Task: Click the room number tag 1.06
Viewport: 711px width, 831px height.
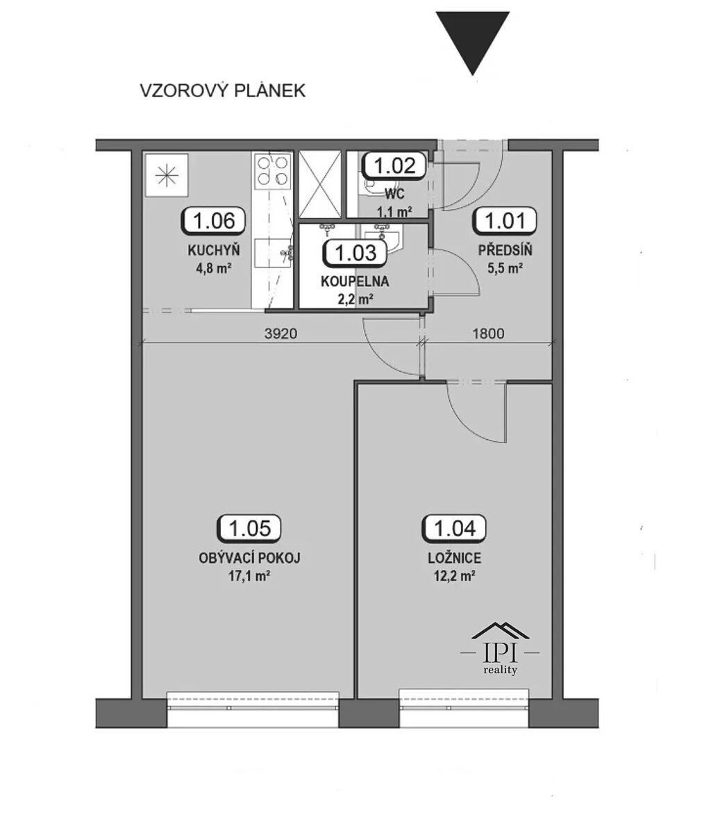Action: tap(213, 221)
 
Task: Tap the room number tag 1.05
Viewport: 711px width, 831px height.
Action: tap(249, 528)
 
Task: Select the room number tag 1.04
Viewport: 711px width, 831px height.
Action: tap(453, 528)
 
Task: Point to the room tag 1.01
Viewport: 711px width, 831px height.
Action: tap(505, 221)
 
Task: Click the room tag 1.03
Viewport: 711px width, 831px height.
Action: tap(355, 252)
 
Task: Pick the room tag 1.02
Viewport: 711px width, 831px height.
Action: tap(394, 165)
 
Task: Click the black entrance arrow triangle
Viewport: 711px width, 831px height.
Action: tap(472, 42)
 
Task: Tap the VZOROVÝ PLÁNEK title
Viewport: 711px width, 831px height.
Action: tap(223, 90)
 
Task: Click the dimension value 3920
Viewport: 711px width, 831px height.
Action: tap(281, 334)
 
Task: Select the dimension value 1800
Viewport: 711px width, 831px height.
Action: tap(487, 334)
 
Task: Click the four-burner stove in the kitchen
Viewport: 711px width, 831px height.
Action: tap(273, 171)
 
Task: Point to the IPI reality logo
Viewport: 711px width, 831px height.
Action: tap(500, 648)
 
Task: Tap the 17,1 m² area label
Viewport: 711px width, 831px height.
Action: tap(249, 576)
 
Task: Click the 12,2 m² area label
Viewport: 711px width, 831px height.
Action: tap(453, 576)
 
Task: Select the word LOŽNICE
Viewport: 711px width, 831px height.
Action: tap(454, 558)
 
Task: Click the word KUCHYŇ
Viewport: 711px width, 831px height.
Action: tap(213, 250)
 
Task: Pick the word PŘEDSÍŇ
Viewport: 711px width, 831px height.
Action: tap(505, 249)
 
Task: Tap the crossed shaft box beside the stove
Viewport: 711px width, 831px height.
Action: tap(320, 184)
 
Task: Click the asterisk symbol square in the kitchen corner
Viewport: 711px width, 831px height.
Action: tap(167, 175)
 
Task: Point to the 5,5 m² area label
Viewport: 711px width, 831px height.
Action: tap(505, 268)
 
